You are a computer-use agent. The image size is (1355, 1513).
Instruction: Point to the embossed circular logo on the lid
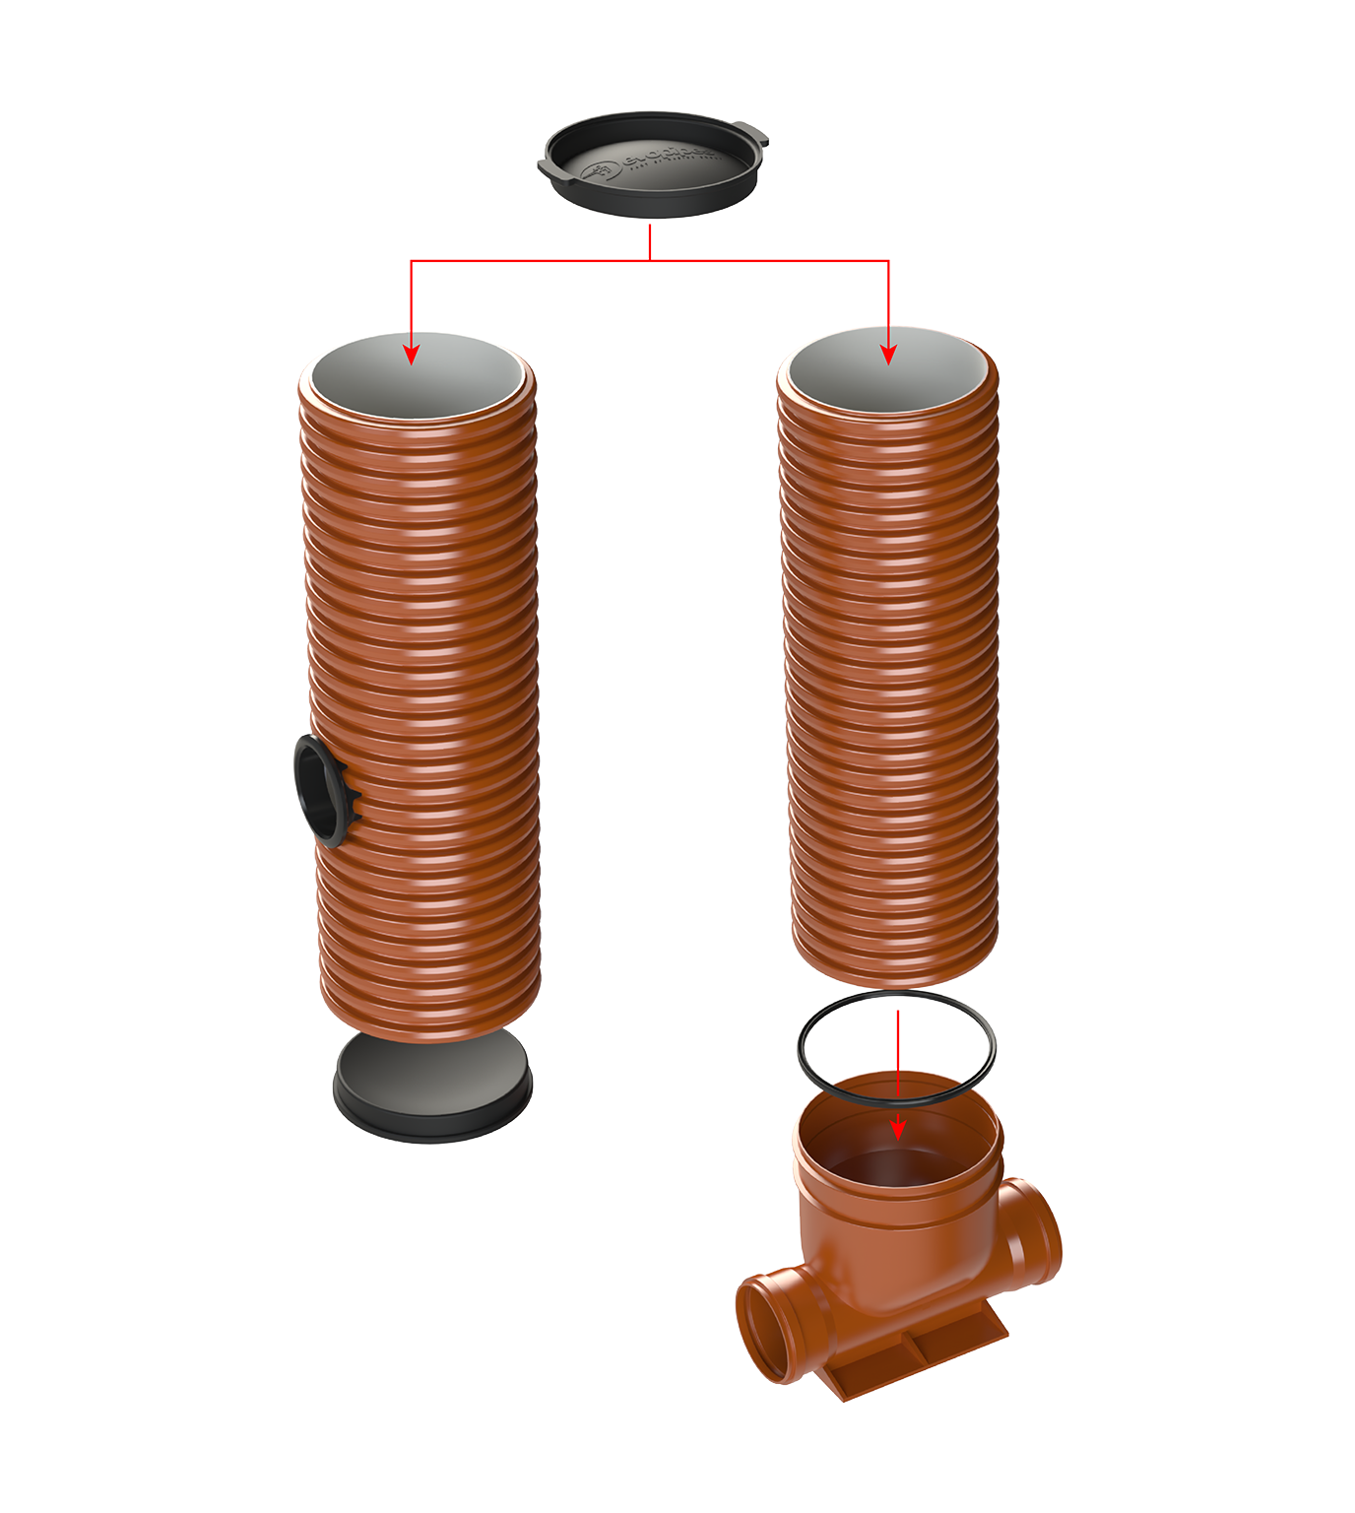click(x=602, y=172)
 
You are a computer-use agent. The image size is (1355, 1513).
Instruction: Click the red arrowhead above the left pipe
click(x=412, y=353)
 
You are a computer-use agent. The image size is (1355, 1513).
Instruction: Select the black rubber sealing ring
click(x=990, y=1044)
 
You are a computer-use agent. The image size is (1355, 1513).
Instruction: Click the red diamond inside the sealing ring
click(x=896, y=1034)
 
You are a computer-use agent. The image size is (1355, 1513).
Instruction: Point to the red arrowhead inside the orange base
click(x=897, y=1128)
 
